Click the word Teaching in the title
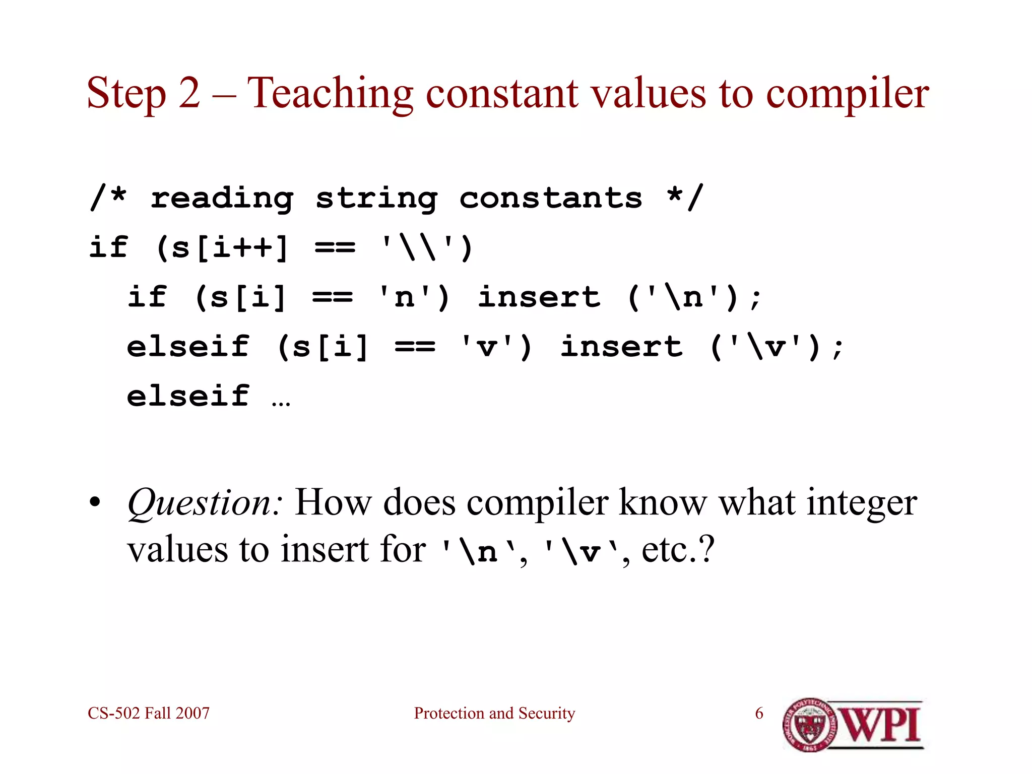(x=330, y=94)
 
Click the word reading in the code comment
(x=222, y=199)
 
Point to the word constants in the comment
(x=550, y=198)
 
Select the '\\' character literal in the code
(x=416, y=247)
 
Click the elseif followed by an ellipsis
(x=188, y=396)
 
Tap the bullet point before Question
(x=95, y=503)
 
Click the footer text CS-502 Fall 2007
(x=149, y=713)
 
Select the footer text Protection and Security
(x=494, y=713)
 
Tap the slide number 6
(x=759, y=713)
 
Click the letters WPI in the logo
(x=881, y=725)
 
